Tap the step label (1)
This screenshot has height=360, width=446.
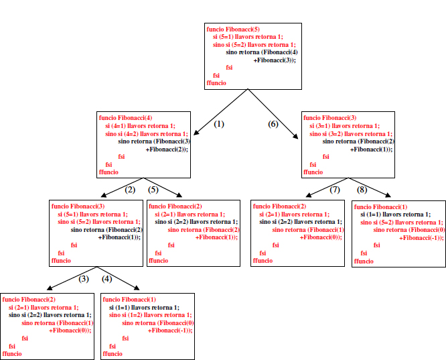pos(218,124)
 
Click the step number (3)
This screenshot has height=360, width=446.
pos(84,279)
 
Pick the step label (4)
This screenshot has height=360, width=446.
pos(106,279)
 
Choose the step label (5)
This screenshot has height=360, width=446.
pos(153,190)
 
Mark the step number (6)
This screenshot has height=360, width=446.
pos(273,124)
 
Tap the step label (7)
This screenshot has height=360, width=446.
pos(334,190)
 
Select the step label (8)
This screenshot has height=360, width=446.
pos(362,190)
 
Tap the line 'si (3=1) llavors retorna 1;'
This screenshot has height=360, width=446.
pos(344,125)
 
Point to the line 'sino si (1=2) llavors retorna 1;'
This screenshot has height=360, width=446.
pos(150,314)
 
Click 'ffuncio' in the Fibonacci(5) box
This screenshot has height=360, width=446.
pos(216,83)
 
